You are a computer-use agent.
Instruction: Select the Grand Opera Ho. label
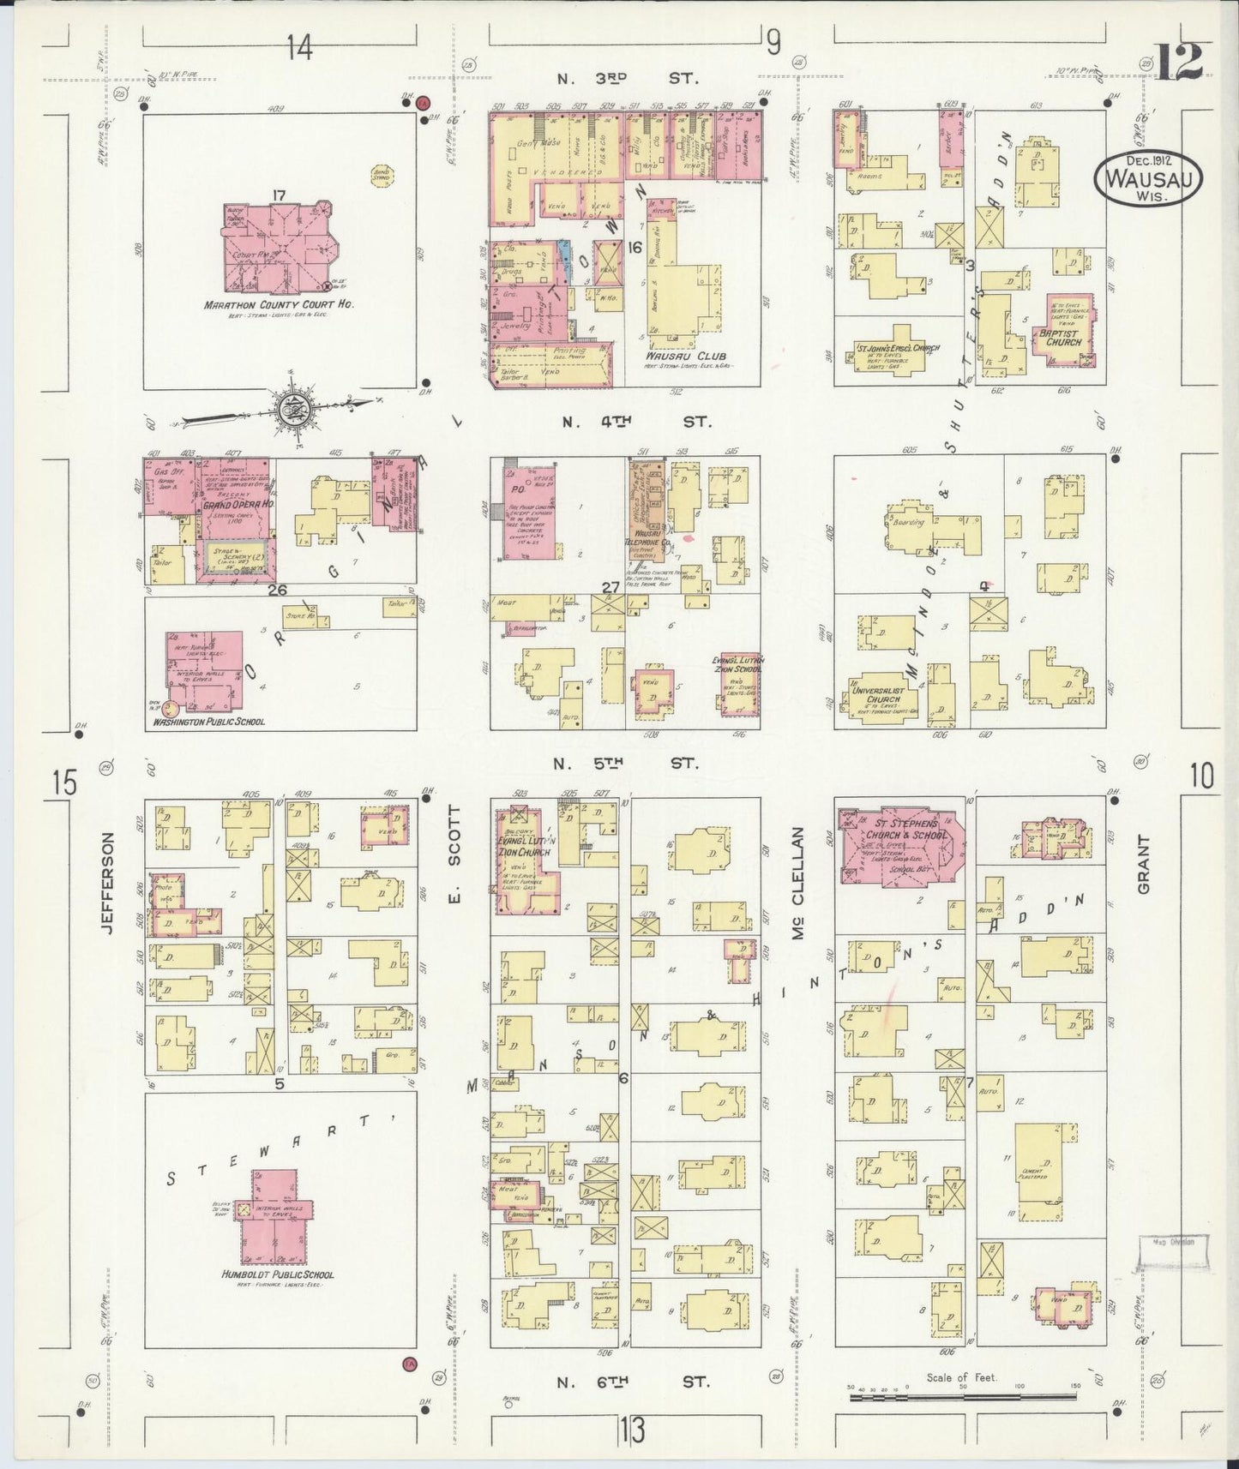(x=237, y=505)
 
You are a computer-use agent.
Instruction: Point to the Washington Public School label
(x=208, y=722)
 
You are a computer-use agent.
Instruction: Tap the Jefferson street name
(x=106, y=873)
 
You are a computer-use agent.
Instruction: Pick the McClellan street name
(x=797, y=883)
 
